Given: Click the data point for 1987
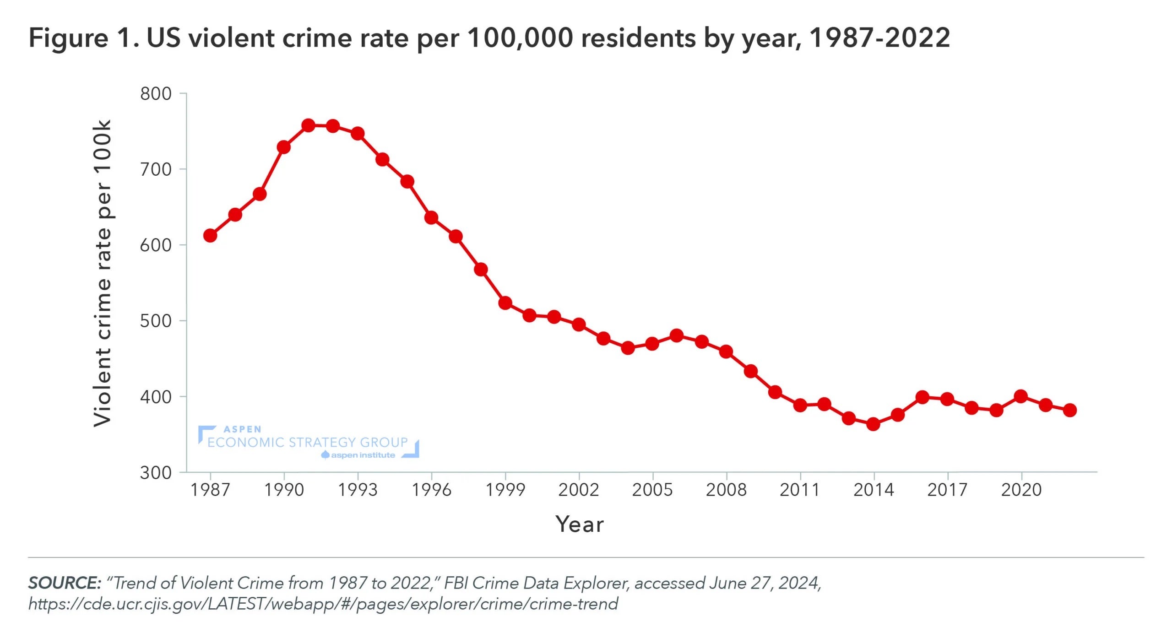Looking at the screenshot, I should point(210,236).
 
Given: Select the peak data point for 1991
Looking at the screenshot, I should point(309,125).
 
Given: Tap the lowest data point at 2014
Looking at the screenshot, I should point(873,424).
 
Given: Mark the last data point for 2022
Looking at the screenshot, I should point(1070,410).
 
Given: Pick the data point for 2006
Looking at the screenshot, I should point(677,335).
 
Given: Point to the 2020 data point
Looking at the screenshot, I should point(1020,396).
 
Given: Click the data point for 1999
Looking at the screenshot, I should point(505,303).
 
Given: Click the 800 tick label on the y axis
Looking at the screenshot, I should point(156,94).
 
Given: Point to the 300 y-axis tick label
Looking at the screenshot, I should point(156,472).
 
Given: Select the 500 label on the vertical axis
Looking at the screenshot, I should point(156,321).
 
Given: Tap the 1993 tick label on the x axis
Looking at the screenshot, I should point(358,490).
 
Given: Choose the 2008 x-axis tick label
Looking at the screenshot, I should point(726,490).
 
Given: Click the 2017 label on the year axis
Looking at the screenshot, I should point(947,490).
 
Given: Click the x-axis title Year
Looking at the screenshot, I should point(580,524).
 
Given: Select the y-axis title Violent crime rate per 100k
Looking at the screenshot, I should point(103,274).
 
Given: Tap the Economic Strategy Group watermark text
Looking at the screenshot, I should point(307,442).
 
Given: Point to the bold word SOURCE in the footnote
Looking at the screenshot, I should point(64,583).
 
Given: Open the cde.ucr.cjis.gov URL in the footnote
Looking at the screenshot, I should point(323,604).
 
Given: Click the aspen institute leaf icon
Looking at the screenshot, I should point(326,455).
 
